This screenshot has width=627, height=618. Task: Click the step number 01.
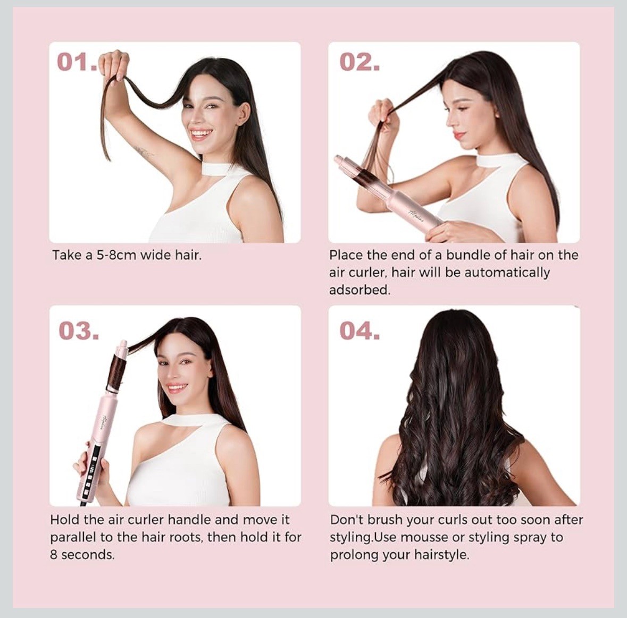click(76, 62)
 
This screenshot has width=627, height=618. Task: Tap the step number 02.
click(360, 62)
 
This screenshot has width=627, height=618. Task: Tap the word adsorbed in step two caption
click(359, 290)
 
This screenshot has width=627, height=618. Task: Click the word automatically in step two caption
click(507, 273)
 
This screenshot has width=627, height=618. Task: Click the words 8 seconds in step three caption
click(82, 554)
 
